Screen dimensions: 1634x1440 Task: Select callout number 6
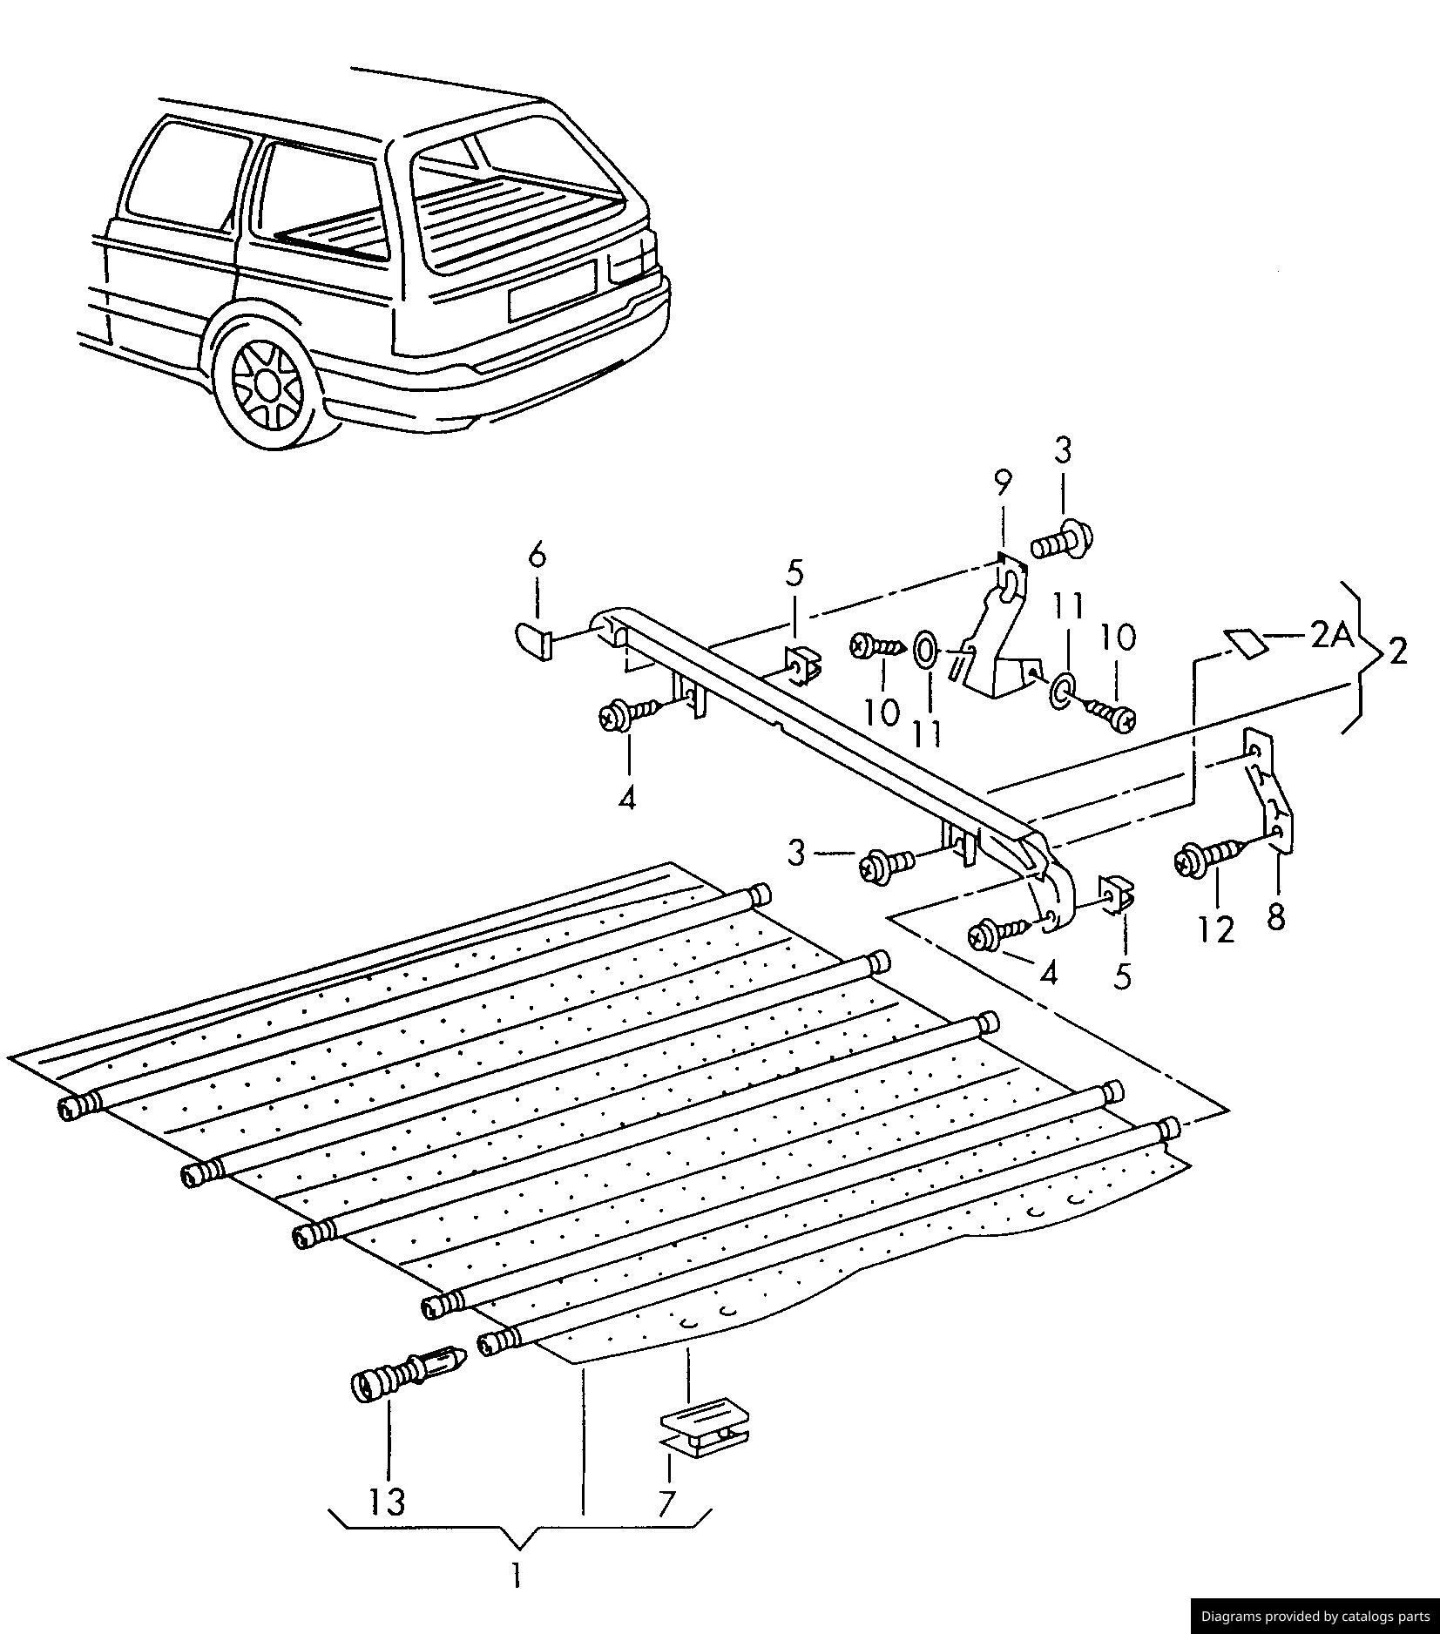(537, 555)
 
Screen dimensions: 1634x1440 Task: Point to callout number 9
(1003, 483)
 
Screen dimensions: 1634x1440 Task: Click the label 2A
(1331, 638)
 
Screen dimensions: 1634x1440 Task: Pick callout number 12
(1217, 929)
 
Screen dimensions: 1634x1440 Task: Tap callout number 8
(1276, 916)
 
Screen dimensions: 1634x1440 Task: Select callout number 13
(387, 1501)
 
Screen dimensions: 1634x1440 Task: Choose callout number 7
(666, 1503)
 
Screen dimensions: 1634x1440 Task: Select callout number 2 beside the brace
(1397, 652)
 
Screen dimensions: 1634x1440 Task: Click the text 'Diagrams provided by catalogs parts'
(1315, 1616)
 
